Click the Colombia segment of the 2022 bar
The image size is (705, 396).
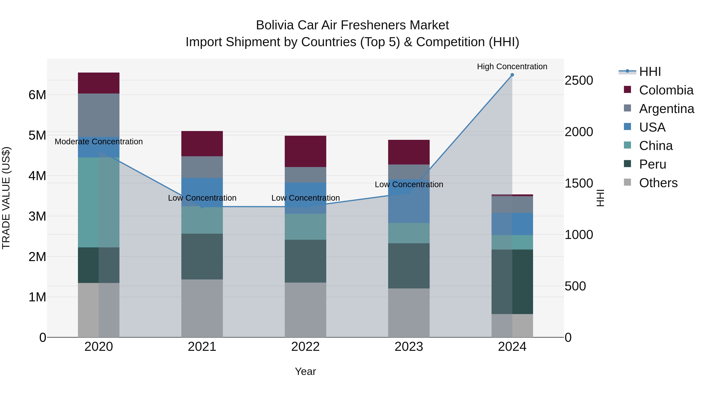305,151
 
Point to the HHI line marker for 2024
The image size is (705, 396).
512,75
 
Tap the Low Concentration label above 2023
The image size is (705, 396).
409,184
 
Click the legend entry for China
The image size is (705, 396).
655,146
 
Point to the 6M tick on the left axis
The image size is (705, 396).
37,95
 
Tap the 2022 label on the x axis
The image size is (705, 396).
305,347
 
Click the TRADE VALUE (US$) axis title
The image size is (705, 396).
6,198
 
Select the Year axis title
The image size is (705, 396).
305,371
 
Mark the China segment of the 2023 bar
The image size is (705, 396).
409,233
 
